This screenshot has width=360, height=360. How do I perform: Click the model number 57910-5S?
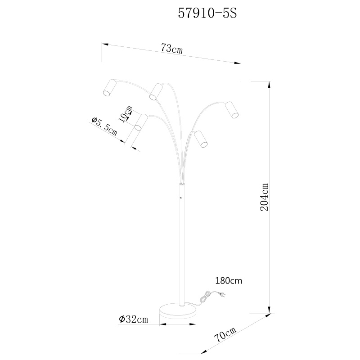pos(207,14)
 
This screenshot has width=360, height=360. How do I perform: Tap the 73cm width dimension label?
pos(171,49)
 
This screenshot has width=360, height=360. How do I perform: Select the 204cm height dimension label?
pos(264,197)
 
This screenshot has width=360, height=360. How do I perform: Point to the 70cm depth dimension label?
pos(225,334)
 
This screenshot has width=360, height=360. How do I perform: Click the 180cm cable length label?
pos(229,281)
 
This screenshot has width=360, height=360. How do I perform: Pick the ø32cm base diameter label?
pos(133,319)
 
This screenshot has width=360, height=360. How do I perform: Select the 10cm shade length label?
pos(126,114)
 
